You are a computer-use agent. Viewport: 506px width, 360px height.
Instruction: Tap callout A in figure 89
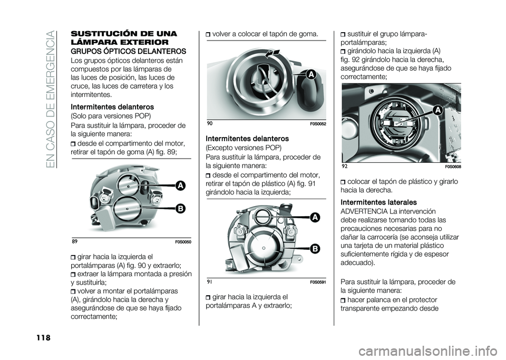click(x=180, y=186)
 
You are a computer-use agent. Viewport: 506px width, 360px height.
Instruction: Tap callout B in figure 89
click(x=180, y=209)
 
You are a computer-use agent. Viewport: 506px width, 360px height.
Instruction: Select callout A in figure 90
click(x=311, y=75)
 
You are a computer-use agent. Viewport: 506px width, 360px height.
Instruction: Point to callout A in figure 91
click(x=315, y=218)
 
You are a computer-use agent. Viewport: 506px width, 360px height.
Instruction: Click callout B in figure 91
click(x=315, y=248)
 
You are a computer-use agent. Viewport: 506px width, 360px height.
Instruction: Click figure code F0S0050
click(x=183, y=242)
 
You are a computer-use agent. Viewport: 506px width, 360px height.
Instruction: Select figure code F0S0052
click(x=318, y=124)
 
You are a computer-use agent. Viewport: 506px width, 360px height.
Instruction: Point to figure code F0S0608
click(x=453, y=167)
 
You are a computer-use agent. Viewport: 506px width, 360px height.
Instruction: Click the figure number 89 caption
click(x=74, y=241)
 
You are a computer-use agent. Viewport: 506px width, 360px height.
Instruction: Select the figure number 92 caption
click(x=344, y=167)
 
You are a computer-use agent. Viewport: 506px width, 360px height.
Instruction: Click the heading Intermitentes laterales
click(x=379, y=202)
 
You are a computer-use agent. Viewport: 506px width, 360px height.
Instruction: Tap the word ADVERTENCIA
click(x=364, y=211)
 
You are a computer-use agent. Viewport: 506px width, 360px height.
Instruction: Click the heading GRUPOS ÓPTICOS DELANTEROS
click(x=128, y=51)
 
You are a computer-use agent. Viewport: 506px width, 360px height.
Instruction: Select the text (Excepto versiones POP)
click(x=244, y=148)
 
